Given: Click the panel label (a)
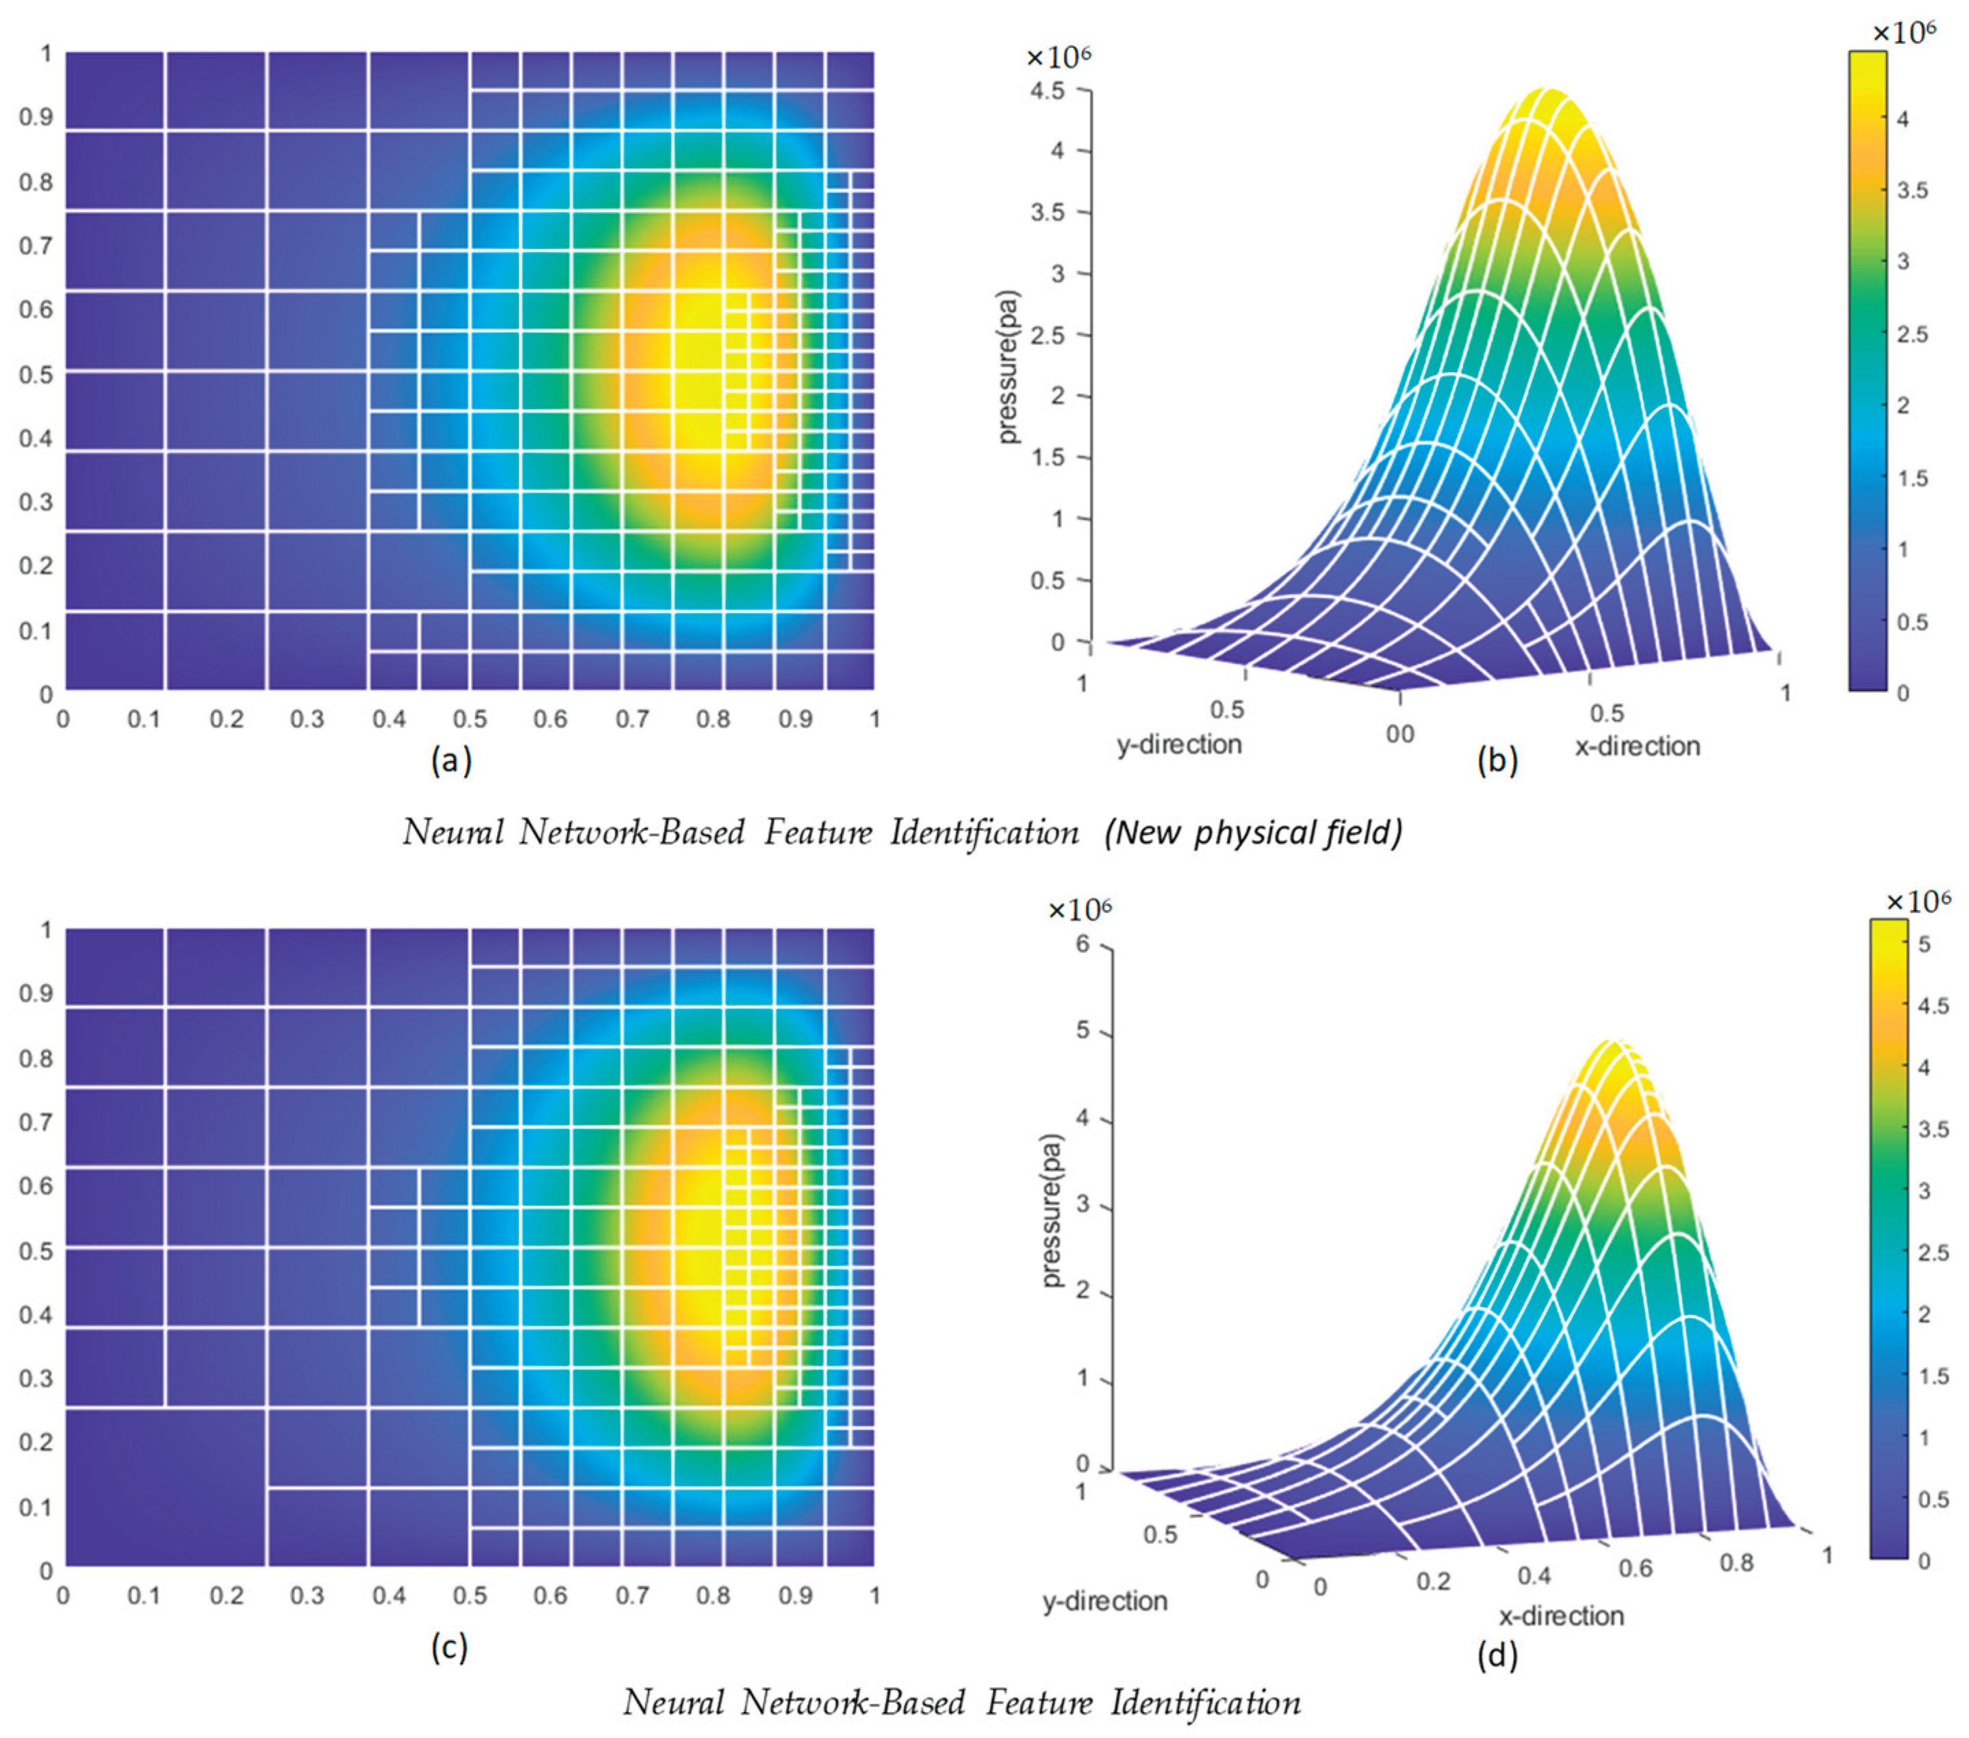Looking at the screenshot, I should pos(450,761).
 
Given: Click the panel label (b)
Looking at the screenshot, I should pos(1497,761).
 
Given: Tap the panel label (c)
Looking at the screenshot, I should pos(449,1648).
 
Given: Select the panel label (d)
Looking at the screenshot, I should pos(1497,1655).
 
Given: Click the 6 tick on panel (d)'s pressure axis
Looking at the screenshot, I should pos(1083,944).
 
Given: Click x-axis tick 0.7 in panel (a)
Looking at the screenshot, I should pos(632,719).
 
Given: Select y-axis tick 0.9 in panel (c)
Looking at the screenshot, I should pos(36,993).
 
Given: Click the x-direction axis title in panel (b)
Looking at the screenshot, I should pos(1637,747).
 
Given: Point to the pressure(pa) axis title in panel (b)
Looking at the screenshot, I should pos(1008,366).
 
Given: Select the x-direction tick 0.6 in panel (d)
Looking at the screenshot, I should pos(1635,1568).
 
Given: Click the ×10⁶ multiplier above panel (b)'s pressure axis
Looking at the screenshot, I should pos(1058,57).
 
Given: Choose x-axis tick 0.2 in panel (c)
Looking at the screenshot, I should pos(227,1596).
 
